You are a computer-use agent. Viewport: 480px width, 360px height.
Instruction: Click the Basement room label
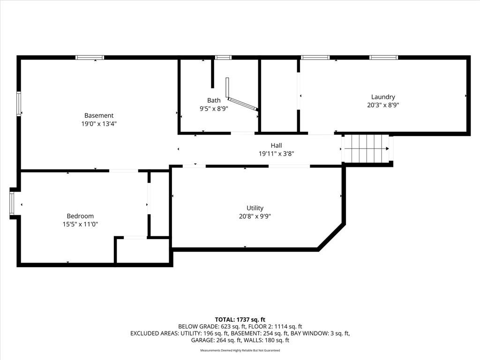coord(99,115)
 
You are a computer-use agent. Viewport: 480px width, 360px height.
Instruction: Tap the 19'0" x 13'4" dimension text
coord(99,124)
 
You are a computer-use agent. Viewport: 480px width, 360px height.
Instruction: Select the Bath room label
coord(214,100)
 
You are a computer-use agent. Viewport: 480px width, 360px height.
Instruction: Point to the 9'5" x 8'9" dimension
coord(214,108)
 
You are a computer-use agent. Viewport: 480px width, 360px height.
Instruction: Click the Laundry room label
coord(383,97)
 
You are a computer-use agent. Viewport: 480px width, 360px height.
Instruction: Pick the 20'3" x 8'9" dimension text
coord(383,105)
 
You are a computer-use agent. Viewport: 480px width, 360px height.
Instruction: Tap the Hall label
coord(276,145)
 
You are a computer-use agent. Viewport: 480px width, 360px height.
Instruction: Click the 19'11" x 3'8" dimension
coord(276,154)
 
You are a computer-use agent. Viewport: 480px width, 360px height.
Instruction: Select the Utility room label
coord(255,208)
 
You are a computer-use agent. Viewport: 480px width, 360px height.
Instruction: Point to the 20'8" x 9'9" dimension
coord(255,217)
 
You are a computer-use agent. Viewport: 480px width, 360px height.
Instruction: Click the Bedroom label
coord(80,216)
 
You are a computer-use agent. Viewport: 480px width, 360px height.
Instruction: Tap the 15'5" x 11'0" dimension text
coord(80,224)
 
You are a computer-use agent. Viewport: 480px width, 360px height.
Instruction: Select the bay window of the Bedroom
coord(12,203)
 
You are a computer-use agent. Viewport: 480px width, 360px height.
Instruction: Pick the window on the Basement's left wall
coord(19,104)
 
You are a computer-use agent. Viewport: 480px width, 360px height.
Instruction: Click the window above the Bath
coord(223,58)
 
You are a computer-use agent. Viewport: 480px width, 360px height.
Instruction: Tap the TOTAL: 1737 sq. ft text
coord(240,320)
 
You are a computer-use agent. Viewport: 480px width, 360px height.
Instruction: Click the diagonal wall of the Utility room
coord(331,237)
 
